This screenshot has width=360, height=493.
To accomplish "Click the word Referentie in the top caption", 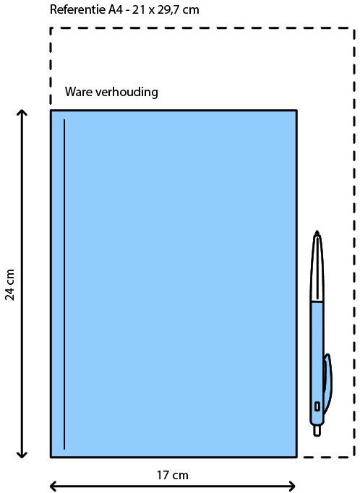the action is click(78, 9).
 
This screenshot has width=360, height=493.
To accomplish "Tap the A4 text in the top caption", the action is click(116, 9).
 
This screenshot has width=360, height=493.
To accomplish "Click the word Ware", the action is click(79, 92).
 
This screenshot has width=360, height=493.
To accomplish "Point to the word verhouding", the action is click(127, 92).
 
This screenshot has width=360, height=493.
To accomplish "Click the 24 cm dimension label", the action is click(10, 285).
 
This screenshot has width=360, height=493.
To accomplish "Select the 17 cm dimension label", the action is click(173, 475).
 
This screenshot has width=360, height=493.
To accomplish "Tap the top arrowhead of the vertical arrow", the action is click(22, 113).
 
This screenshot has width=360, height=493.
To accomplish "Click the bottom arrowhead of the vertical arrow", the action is click(22, 454).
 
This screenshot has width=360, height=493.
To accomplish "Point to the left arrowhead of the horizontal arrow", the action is click(53, 486).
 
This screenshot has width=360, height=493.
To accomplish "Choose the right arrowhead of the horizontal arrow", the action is click(291, 486).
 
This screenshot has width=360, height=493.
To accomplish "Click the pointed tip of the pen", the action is click(317, 232).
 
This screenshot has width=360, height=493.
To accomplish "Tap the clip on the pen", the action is click(327, 384).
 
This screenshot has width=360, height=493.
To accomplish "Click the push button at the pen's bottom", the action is click(317, 430).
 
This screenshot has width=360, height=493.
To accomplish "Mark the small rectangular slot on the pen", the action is click(317, 406).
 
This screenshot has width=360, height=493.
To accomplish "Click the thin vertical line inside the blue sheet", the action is click(64, 284).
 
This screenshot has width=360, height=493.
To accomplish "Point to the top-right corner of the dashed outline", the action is click(354, 28).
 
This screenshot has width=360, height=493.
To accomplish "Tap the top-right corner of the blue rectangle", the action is click(296, 111).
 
